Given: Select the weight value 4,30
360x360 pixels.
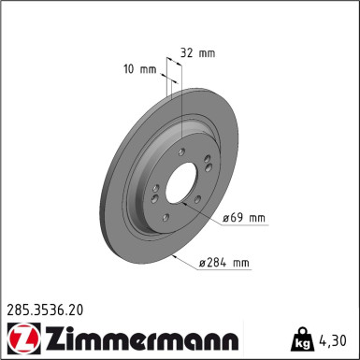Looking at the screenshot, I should [336, 337].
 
